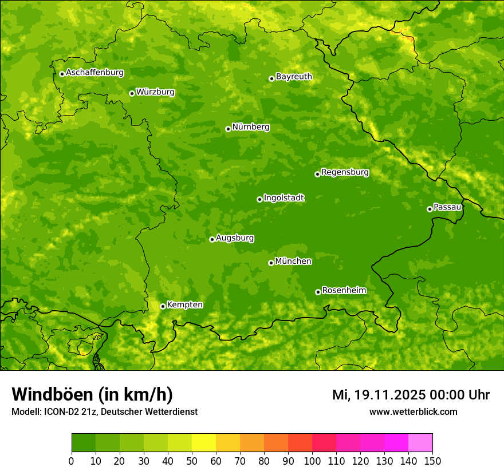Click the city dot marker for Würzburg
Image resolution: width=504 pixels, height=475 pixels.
point(132,93)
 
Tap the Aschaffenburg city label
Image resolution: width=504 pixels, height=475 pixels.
point(94,73)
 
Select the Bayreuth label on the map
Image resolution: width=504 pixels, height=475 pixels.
point(294,77)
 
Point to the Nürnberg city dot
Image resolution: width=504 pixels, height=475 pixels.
point(228,129)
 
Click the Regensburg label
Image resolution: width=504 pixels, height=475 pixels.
point(345,172)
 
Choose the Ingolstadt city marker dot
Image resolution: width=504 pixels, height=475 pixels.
point(259,199)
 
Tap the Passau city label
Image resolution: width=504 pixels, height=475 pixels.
point(447,207)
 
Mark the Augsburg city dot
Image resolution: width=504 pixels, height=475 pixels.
point(212,239)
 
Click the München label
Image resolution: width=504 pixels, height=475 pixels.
point(293,262)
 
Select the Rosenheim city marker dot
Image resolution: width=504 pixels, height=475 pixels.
point(318,292)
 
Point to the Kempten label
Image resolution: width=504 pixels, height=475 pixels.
point(184,305)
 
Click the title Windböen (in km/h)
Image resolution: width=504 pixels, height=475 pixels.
point(92,394)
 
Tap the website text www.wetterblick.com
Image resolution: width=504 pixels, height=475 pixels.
point(413,411)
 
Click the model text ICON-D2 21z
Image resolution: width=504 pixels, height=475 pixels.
point(69,411)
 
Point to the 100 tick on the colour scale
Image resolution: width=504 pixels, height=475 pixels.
point(312,461)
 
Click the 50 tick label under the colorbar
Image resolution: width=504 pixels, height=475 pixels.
point(192,461)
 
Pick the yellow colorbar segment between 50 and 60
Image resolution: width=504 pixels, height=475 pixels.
point(204,442)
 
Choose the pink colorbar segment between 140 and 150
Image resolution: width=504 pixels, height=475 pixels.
point(420,442)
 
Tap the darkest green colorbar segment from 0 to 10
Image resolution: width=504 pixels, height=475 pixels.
point(84,442)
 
